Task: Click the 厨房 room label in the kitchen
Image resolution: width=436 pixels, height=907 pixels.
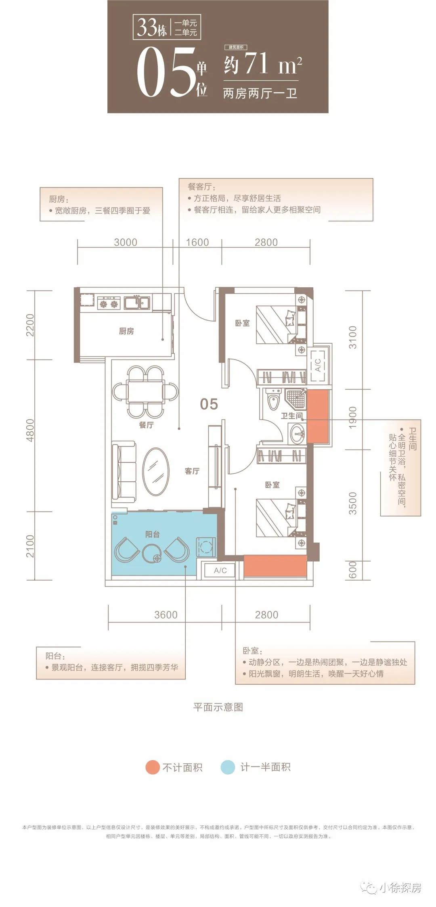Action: pyautogui.click(x=126, y=331)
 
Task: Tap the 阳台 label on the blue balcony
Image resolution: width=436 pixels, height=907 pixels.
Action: pyautogui.click(x=152, y=534)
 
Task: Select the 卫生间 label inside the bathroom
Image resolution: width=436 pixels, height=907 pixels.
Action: pyautogui.click(x=291, y=416)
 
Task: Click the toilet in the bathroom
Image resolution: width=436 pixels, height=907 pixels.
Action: pyautogui.click(x=274, y=399)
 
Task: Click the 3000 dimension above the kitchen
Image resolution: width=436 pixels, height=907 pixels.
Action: pyautogui.click(x=126, y=242)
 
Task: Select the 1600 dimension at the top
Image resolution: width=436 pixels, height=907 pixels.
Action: pyautogui.click(x=197, y=242)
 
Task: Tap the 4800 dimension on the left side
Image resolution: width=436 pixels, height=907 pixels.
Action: pyautogui.click(x=30, y=430)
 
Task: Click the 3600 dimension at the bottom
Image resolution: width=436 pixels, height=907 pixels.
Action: pyautogui.click(x=166, y=614)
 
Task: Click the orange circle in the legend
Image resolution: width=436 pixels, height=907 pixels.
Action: pyautogui.click(x=153, y=767)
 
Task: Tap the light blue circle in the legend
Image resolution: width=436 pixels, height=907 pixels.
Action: pyautogui.click(x=228, y=767)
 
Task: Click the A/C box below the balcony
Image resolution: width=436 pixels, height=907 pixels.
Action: pyautogui.click(x=220, y=570)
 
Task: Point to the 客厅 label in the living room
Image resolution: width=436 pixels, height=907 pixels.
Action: pyautogui.click(x=192, y=471)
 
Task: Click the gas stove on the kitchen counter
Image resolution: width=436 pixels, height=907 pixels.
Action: pyautogui.click(x=109, y=302)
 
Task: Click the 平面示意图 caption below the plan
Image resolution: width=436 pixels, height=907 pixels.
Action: pyautogui.click(x=218, y=706)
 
